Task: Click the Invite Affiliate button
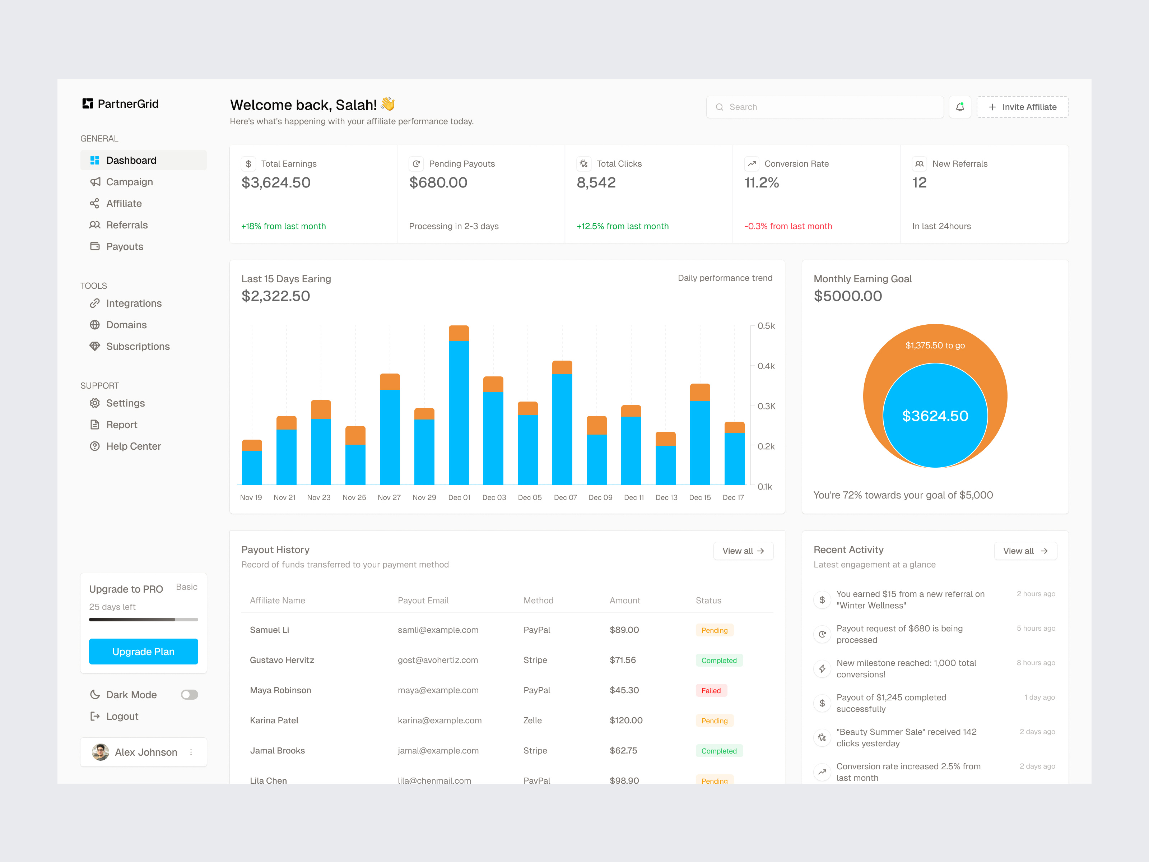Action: click(x=1022, y=107)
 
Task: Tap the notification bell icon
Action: click(x=959, y=107)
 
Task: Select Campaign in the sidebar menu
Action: click(x=129, y=182)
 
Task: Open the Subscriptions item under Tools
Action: click(x=138, y=347)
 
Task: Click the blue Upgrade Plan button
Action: click(x=143, y=652)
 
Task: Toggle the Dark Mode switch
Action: click(x=189, y=695)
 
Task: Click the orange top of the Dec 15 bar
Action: click(x=700, y=392)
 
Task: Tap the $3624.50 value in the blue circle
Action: click(x=935, y=416)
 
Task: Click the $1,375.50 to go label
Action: click(x=935, y=346)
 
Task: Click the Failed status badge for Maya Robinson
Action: click(x=711, y=691)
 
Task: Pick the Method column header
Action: click(x=538, y=601)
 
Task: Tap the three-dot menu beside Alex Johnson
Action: click(x=191, y=752)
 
